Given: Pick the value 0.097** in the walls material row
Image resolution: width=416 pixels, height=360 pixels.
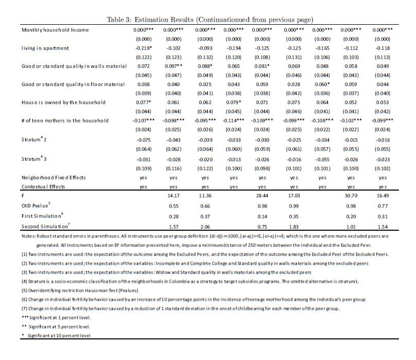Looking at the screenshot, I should [173, 66].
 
